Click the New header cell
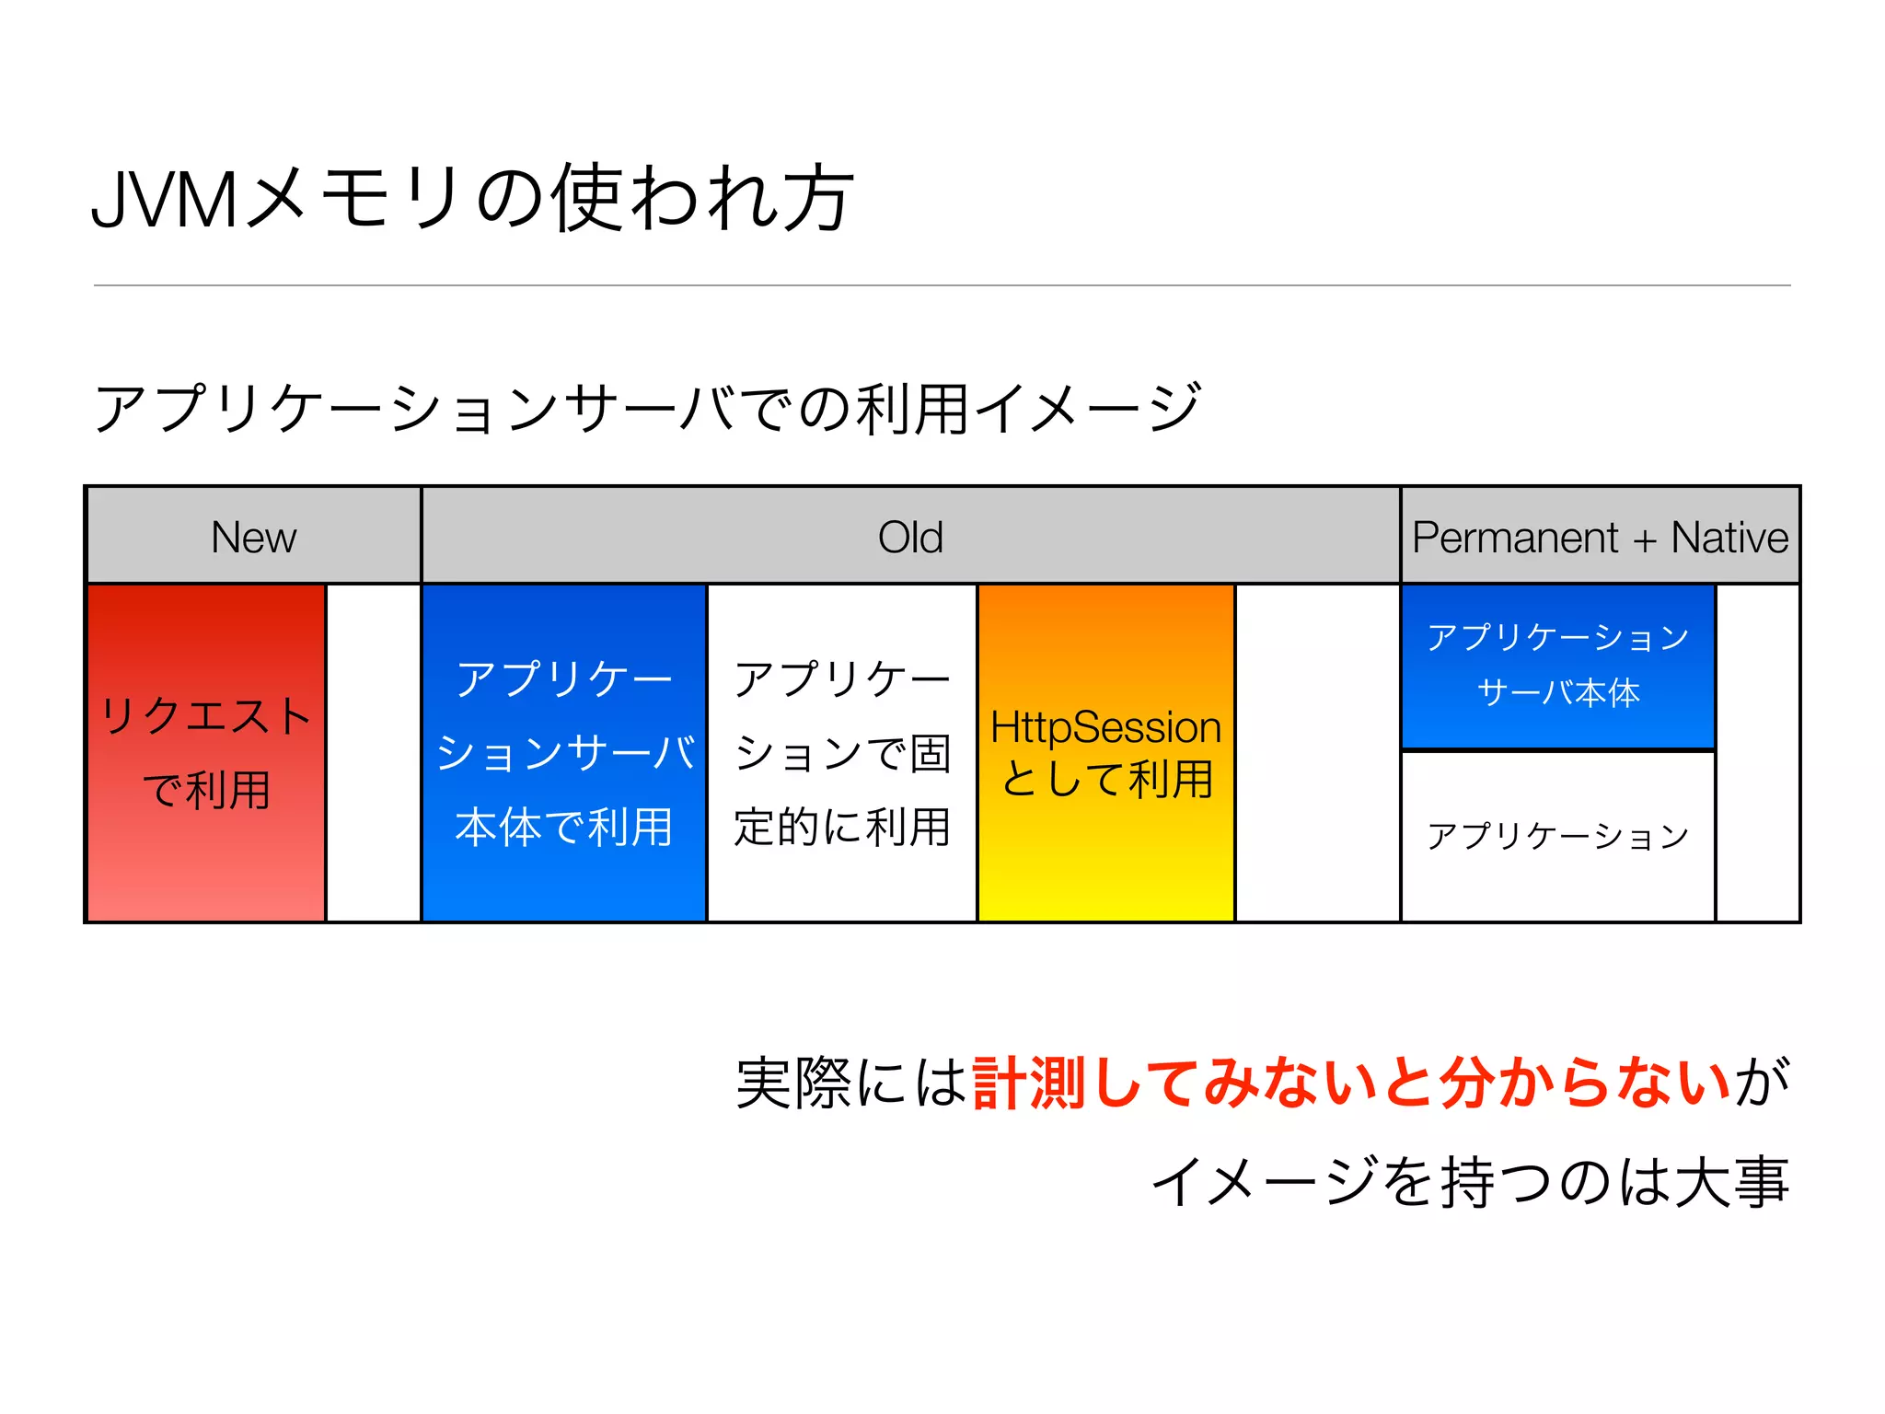click(x=254, y=537)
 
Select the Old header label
click(x=910, y=537)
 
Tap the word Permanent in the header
click(x=1515, y=538)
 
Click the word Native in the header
click(x=1729, y=538)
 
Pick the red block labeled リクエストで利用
click(x=206, y=753)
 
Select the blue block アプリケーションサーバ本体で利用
click(x=563, y=753)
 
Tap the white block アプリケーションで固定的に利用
click(x=841, y=753)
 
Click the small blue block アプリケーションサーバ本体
click(x=1557, y=666)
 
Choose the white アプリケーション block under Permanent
click(x=1557, y=836)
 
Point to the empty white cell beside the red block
click(x=374, y=753)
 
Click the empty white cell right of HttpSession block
click(x=1317, y=753)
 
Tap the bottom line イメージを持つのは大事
click(x=1470, y=1182)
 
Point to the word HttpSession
click(x=1105, y=727)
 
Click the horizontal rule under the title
click(x=942, y=285)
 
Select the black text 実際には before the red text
click(x=851, y=1083)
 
